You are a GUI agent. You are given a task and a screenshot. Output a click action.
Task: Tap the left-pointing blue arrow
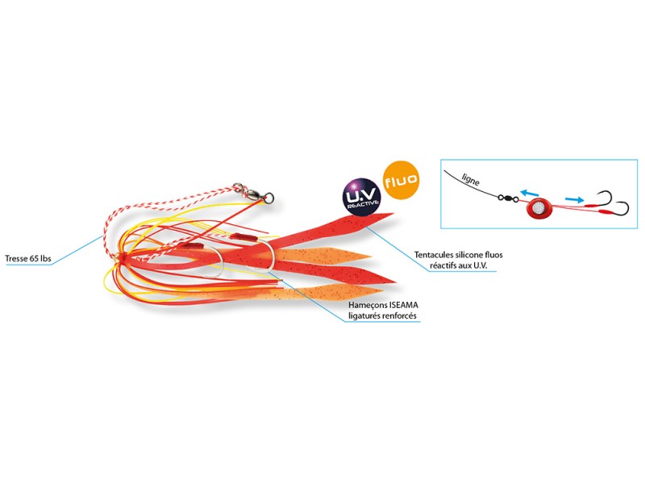tap(530, 191)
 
